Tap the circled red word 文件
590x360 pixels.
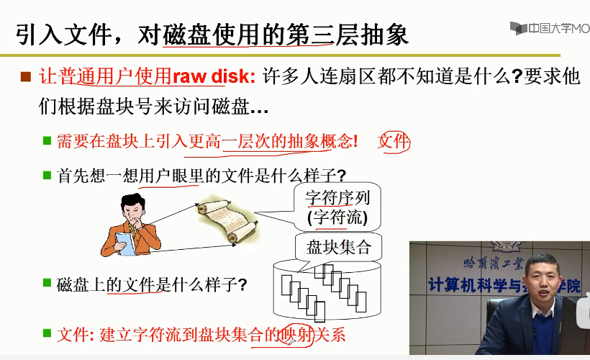pyautogui.click(x=394, y=142)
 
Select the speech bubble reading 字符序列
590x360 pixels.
pyautogui.click(x=337, y=207)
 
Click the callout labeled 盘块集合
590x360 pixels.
pyautogui.click(x=339, y=248)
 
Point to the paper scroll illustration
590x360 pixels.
pyautogui.click(x=228, y=221)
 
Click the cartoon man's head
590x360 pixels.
pyautogui.click(x=133, y=209)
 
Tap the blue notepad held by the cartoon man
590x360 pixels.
pyautogui.click(x=125, y=243)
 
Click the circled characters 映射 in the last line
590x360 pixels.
pyautogui.click(x=297, y=334)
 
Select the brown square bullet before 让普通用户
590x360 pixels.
pyautogui.click(x=26, y=77)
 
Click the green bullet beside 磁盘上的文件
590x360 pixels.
pyautogui.click(x=47, y=282)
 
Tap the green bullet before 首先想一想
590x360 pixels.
pyautogui.click(x=47, y=175)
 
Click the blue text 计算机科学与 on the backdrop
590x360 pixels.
pyautogui.click(x=475, y=284)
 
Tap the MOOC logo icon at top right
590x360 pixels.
pyautogui.click(x=519, y=28)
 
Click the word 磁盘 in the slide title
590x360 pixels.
pyautogui.click(x=186, y=35)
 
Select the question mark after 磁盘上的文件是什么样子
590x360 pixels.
pyautogui.click(x=242, y=284)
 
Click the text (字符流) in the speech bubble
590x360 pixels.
pyautogui.click(x=337, y=217)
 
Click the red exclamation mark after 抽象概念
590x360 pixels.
pyautogui.click(x=355, y=142)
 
